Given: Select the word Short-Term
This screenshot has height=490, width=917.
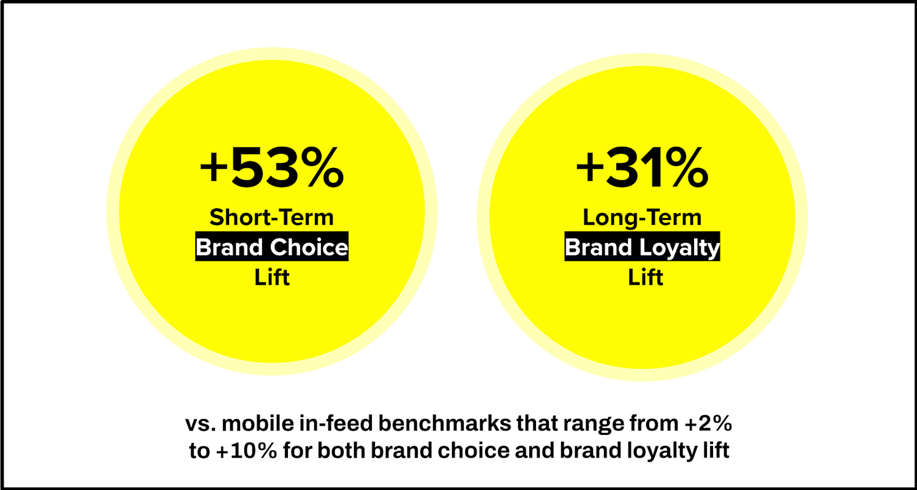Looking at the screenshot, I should click(271, 217).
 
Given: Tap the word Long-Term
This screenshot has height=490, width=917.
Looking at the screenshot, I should click(642, 217).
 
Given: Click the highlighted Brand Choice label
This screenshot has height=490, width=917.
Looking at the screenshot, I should click(271, 247).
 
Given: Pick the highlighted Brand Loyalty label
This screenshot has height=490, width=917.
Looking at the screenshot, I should click(642, 247).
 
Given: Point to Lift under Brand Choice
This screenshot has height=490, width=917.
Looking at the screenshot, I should click(271, 277).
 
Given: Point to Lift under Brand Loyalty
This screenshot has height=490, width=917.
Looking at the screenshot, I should click(646, 277).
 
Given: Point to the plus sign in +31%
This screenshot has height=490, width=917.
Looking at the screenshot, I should click(590, 168).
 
